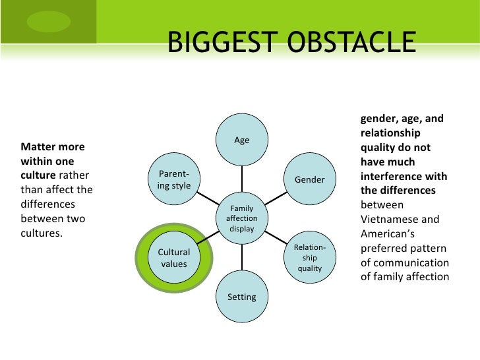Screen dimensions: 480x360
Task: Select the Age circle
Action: coord(241,140)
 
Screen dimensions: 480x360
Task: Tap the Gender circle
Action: coord(309,179)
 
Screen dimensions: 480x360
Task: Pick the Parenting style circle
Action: coord(174,179)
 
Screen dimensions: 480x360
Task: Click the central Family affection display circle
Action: coord(241,218)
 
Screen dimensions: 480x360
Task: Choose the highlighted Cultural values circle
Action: coord(174,258)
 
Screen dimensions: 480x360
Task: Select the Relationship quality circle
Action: coord(309,258)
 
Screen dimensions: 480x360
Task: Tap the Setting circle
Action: coord(241,297)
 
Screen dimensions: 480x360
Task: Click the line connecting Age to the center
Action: coord(241,178)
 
